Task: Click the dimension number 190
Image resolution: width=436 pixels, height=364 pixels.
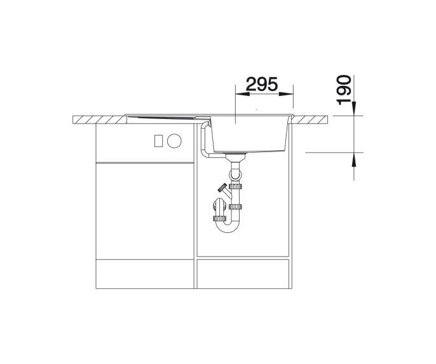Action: pos(344,90)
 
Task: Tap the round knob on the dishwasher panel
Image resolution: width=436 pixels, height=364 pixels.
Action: pos(174,141)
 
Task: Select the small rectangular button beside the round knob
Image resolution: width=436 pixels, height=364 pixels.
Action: pos(158,141)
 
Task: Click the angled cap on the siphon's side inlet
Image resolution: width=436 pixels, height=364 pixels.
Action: pos(222,188)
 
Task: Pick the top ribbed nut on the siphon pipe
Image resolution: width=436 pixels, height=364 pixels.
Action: pos(235,186)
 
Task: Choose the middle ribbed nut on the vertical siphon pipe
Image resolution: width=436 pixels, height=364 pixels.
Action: pos(235,207)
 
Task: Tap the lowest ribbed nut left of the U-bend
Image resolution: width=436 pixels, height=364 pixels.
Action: pos(220,218)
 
